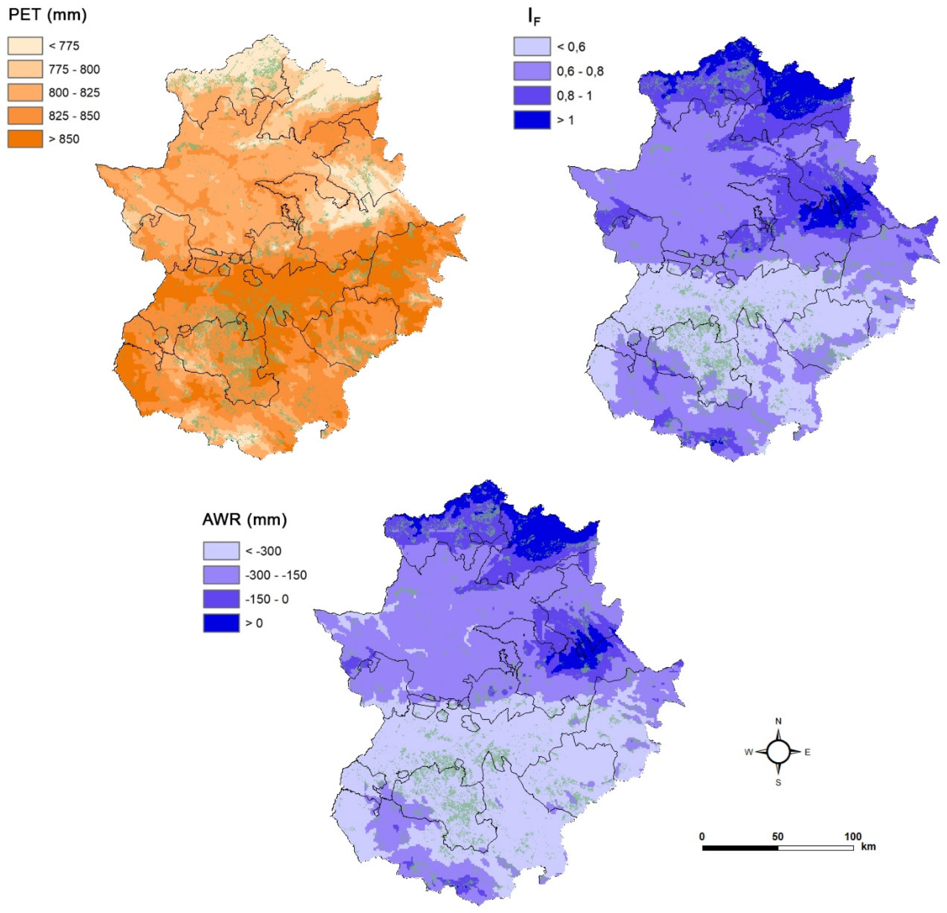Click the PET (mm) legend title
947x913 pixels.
click(x=47, y=15)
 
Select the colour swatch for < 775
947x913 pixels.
click(x=25, y=46)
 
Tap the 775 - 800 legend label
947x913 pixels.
click(x=74, y=70)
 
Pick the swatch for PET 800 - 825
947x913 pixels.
click(x=25, y=92)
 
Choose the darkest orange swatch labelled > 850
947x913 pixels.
click(x=25, y=139)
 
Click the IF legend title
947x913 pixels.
click(x=534, y=17)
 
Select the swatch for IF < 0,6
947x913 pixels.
click(x=532, y=47)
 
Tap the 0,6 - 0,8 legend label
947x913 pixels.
click(x=580, y=72)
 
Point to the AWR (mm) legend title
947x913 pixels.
click(x=244, y=520)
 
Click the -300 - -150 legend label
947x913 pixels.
click(x=276, y=575)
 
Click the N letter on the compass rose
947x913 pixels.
click(x=778, y=721)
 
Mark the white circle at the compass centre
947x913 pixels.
click(x=778, y=752)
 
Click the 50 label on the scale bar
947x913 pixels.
click(x=777, y=836)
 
